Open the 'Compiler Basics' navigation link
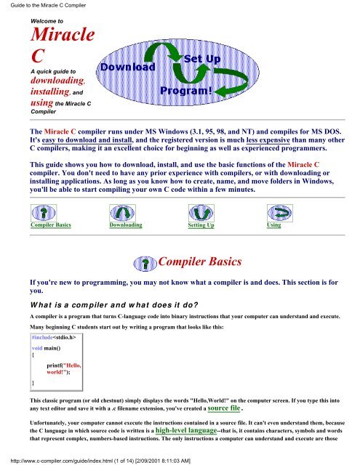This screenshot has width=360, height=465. point(50,226)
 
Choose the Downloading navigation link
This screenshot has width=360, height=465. point(125,226)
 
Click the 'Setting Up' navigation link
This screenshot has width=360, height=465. point(201,227)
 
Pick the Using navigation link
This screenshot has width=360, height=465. point(273,226)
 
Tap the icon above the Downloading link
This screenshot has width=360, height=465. point(124,212)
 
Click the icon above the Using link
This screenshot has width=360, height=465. point(274,212)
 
